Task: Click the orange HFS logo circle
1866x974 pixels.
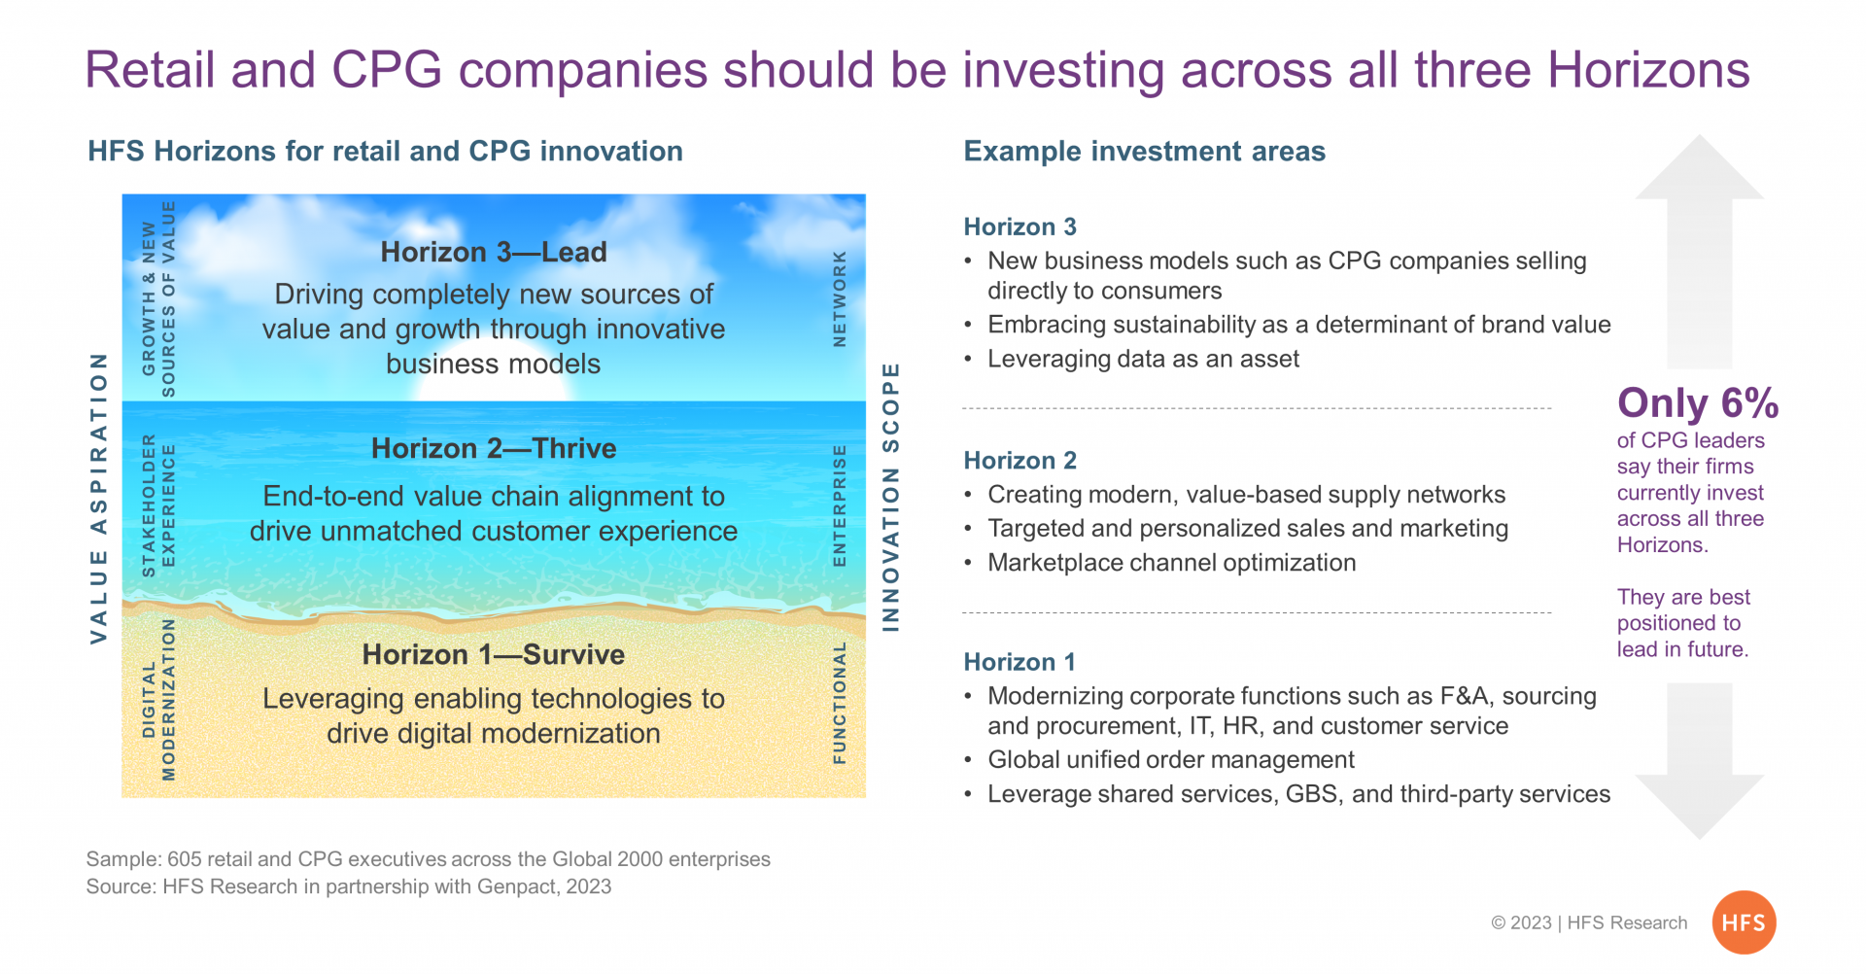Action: (1744, 922)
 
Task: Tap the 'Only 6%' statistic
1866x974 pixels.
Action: (1698, 403)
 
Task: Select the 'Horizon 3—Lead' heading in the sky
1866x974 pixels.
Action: (494, 252)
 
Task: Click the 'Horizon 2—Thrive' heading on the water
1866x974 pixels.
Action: (494, 448)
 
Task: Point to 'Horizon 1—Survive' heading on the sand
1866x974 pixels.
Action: (494, 654)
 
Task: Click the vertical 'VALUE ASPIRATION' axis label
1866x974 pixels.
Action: (98, 498)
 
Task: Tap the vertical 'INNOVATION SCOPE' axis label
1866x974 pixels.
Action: (890, 498)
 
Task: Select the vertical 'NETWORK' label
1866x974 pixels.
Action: (840, 298)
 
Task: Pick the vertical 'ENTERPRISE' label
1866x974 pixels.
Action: (840, 505)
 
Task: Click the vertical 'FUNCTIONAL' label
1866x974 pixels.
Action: (840, 703)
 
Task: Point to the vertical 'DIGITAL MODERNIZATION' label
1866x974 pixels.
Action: (158, 700)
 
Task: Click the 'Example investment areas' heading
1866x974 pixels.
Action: (1144, 152)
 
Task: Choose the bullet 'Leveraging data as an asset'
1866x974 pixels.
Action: (1143, 359)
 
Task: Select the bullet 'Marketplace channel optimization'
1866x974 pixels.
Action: (1171, 563)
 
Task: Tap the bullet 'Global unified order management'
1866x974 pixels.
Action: (1171, 759)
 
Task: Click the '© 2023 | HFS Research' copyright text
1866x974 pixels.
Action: (1589, 922)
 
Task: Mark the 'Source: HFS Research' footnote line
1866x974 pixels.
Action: (349, 887)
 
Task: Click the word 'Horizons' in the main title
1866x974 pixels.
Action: (1648, 70)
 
